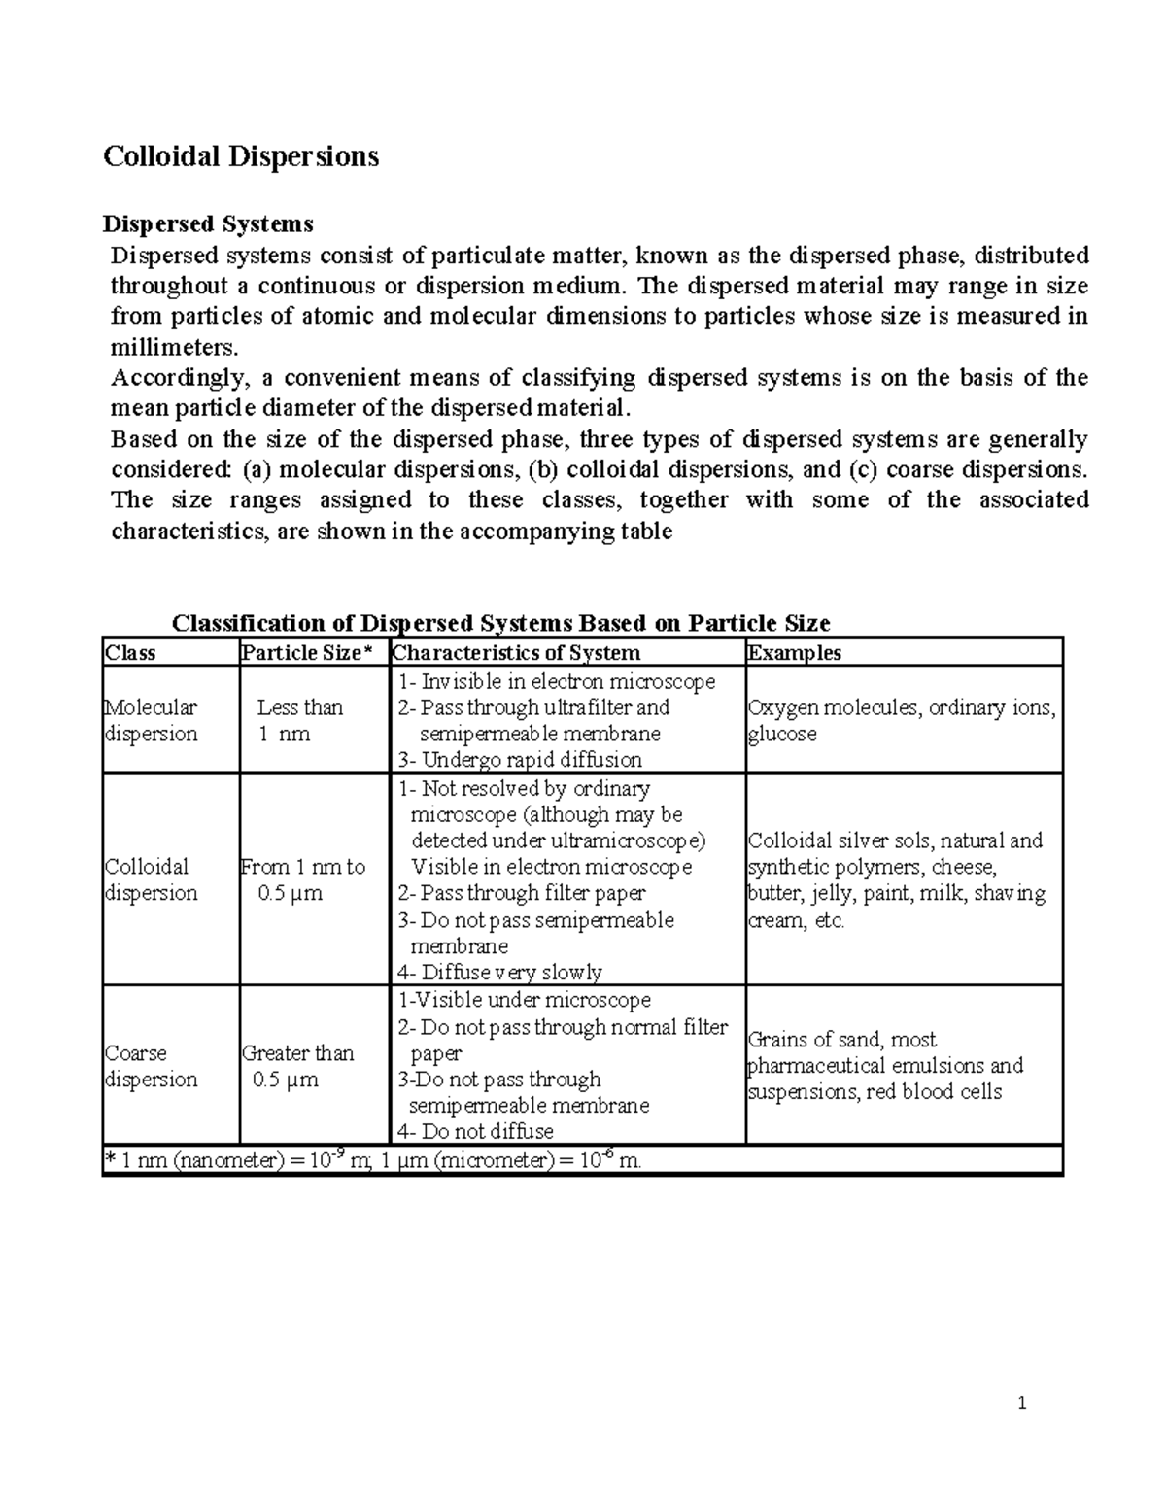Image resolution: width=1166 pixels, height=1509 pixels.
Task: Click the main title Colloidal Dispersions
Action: coord(241,156)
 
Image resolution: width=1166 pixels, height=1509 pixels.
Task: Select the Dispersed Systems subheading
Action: coord(208,224)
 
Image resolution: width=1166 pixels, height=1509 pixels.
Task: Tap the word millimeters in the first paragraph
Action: coord(173,347)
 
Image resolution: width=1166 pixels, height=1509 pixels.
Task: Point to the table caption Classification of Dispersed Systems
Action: coord(500,623)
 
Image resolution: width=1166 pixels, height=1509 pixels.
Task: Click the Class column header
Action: coord(130,653)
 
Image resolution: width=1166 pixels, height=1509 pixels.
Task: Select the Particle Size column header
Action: coord(306,653)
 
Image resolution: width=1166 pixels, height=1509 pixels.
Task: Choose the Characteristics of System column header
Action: coord(516,653)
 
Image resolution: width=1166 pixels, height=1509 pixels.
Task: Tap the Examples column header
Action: coord(794,653)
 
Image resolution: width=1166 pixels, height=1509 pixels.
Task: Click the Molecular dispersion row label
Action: coord(151,721)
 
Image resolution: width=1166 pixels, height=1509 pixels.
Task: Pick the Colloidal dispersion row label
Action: coord(151,879)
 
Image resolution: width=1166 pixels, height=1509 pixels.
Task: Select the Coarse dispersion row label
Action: coord(151,1066)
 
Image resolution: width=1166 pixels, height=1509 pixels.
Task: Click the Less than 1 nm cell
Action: coord(298,721)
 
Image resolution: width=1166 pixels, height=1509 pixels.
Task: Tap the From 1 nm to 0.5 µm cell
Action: coord(302,879)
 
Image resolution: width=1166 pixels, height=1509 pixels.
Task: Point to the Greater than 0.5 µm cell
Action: coord(296,1066)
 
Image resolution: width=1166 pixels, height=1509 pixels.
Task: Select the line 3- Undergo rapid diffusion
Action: coord(520,760)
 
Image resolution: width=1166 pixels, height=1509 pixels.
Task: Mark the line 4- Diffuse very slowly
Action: coord(499,972)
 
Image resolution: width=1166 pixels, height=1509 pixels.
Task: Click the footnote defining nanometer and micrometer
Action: coord(373,1160)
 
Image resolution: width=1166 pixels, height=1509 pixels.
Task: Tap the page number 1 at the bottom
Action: coord(1021,1403)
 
